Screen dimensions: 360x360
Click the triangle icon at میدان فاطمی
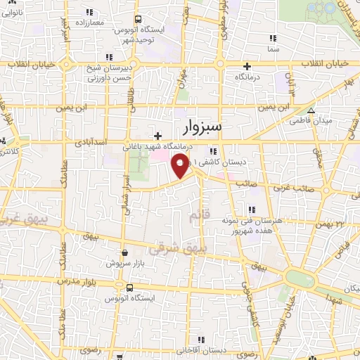(x=311, y=110)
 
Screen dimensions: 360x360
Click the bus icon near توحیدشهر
(x=139, y=20)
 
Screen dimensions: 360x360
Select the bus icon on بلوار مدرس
(x=129, y=287)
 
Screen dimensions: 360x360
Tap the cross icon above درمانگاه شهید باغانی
(x=157, y=136)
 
